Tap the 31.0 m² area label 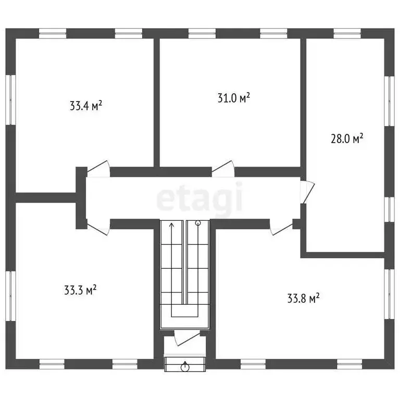[x=233, y=97]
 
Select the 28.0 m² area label [x=347, y=139]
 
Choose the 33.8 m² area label [x=303, y=298]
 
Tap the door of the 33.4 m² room [x=99, y=168]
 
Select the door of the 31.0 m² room [x=222, y=168]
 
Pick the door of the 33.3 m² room [x=98, y=228]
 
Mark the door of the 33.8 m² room [x=281, y=228]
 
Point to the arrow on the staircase [x=172, y=226]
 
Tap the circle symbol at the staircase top [x=197, y=224]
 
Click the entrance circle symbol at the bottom [x=185, y=366]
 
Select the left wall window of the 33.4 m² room [x=10, y=99]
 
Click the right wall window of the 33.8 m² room [x=389, y=294]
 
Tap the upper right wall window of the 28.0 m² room [x=389, y=102]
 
